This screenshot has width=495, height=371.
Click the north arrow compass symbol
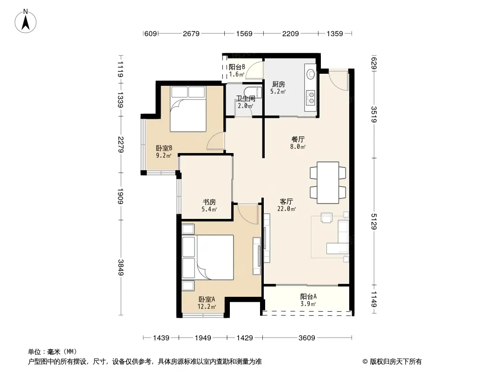[x=26, y=21]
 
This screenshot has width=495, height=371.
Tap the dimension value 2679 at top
[x=191, y=33]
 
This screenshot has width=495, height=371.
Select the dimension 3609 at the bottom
[x=307, y=338]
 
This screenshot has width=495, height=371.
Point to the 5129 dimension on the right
[x=374, y=222]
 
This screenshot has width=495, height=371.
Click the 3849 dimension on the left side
[x=120, y=267]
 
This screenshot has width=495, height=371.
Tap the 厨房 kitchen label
[x=279, y=84]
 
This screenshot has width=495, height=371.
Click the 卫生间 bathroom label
[x=246, y=98]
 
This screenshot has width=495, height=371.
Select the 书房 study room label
[x=209, y=202]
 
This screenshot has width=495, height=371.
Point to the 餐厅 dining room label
[x=298, y=139]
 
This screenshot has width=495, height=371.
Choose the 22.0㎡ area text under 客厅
[x=287, y=209]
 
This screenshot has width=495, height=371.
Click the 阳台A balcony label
[x=308, y=297]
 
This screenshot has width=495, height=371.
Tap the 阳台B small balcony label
[x=237, y=67]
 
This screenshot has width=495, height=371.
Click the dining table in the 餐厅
[x=328, y=183]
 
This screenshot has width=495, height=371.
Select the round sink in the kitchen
[x=311, y=74]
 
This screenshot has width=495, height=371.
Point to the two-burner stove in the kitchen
[x=311, y=98]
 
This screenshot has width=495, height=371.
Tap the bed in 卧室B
[x=188, y=109]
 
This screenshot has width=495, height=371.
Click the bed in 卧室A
[x=208, y=257]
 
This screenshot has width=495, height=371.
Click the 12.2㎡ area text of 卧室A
[x=207, y=307]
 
